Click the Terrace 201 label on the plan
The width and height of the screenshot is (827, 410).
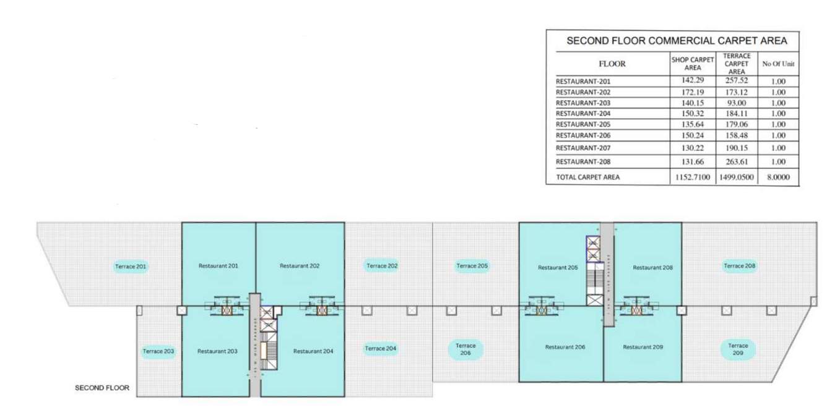click(x=131, y=267)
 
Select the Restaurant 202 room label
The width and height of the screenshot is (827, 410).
click(x=300, y=266)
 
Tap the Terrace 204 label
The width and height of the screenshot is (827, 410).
click(x=380, y=349)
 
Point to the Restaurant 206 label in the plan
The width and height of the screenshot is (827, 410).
click(x=565, y=348)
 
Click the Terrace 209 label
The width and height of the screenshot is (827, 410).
click(x=738, y=349)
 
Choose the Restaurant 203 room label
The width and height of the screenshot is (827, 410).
click(x=217, y=351)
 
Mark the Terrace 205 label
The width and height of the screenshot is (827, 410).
click(x=472, y=266)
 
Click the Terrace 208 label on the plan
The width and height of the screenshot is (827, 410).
click(x=740, y=266)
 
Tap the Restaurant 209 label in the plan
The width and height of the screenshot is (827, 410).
click(x=643, y=348)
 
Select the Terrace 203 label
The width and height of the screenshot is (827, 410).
click(x=158, y=351)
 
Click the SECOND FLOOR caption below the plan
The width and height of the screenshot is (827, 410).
click(x=102, y=388)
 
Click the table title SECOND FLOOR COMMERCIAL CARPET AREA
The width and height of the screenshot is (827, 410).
click(x=677, y=41)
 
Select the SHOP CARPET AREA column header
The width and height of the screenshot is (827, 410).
click(x=693, y=64)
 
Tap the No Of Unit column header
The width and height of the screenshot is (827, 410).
click(x=778, y=64)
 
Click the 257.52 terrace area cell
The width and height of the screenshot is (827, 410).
click(x=736, y=81)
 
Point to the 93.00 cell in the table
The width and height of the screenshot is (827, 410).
click(x=736, y=103)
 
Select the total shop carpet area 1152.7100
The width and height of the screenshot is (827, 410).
click(x=693, y=177)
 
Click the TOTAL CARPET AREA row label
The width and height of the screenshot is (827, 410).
click(x=587, y=177)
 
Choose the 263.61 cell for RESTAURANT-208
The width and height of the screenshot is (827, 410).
click(x=736, y=162)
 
